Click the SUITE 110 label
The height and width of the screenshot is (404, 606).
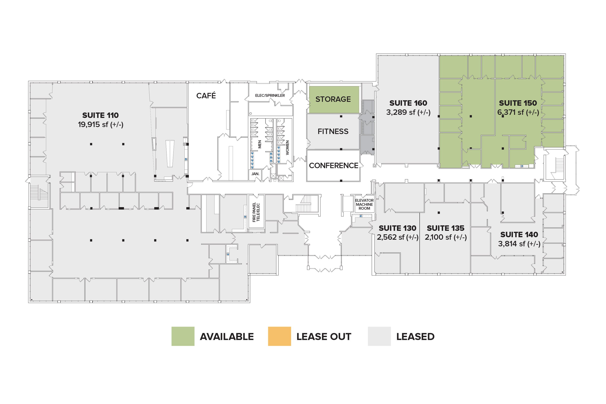[x=100, y=115]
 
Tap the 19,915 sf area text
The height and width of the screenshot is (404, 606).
[x=100, y=125]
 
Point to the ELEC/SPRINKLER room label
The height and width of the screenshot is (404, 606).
[x=270, y=95]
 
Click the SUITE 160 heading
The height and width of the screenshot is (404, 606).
[x=408, y=103]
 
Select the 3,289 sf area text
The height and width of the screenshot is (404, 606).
[x=408, y=112]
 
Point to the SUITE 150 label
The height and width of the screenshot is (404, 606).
[x=518, y=103]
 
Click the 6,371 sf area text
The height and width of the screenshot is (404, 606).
[x=518, y=112]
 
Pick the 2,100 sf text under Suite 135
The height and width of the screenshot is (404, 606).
[x=446, y=237]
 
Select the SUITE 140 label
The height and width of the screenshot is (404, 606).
[x=519, y=234]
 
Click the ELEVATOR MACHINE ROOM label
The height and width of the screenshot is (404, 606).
[x=364, y=204]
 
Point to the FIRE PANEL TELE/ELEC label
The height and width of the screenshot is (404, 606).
[x=256, y=212]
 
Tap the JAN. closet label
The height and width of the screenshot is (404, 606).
[x=255, y=174]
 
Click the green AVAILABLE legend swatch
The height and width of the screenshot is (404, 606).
[x=183, y=336]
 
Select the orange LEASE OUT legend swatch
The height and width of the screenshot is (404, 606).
[x=279, y=336]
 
